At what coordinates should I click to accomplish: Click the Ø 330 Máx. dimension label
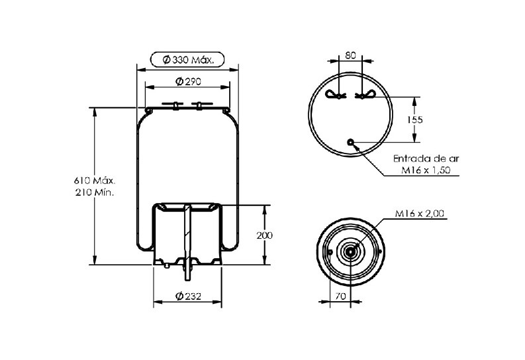pyautogui.click(x=188, y=60)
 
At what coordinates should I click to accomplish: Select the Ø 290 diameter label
pyautogui.click(x=188, y=81)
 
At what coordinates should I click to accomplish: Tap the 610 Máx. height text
pyautogui.click(x=95, y=181)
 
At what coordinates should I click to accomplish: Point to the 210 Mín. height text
pyautogui.click(x=95, y=193)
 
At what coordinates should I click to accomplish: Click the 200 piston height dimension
pyautogui.click(x=265, y=236)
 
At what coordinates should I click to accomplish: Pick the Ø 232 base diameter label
pyautogui.click(x=188, y=296)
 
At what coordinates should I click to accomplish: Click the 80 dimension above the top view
pyautogui.click(x=350, y=55)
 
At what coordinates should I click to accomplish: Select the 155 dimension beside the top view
pyautogui.click(x=415, y=119)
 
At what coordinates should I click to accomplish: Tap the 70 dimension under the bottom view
pyautogui.click(x=340, y=296)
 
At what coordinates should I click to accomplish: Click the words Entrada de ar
pyautogui.click(x=426, y=159)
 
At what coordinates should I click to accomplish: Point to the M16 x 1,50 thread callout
pyautogui.click(x=426, y=170)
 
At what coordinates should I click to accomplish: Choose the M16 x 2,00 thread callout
pyautogui.click(x=420, y=214)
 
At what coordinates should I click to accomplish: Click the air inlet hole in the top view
pyautogui.click(x=351, y=142)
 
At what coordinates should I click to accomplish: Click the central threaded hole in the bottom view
pyautogui.click(x=350, y=252)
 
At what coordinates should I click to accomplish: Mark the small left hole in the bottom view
pyautogui.click(x=330, y=252)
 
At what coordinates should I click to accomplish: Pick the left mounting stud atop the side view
pyautogui.click(x=175, y=105)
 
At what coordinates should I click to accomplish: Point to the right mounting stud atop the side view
pyautogui.click(x=200, y=105)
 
